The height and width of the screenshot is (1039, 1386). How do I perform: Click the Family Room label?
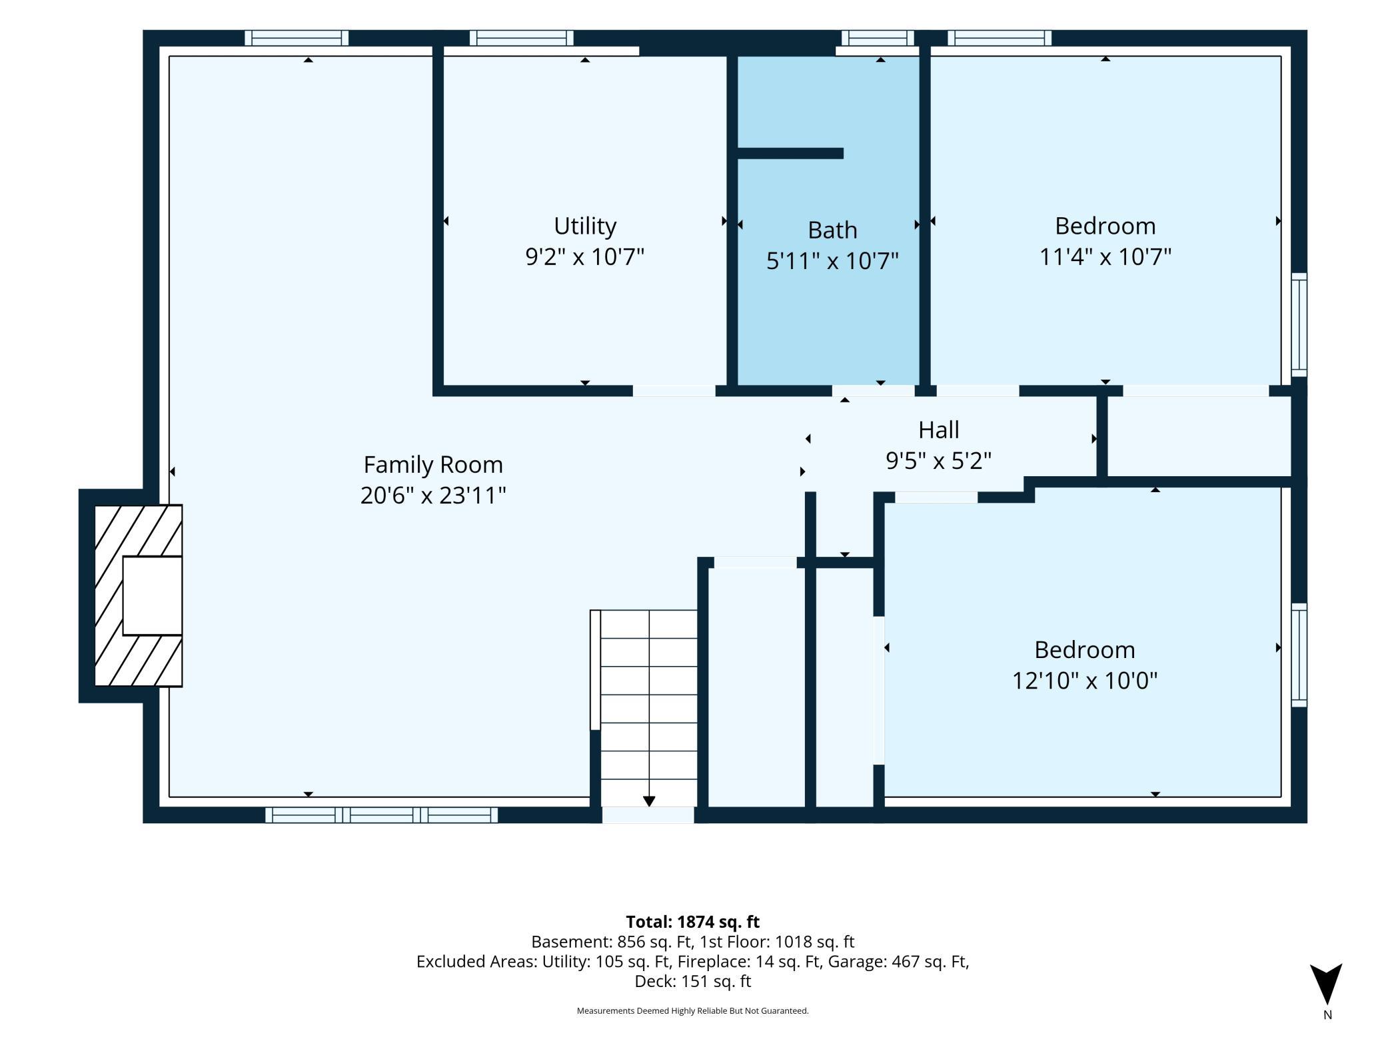coord(433,464)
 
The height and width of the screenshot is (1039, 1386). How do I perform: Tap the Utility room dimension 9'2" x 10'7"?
coord(585,256)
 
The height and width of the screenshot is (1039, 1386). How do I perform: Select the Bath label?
coord(832,230)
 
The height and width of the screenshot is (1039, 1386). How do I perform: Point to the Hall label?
coord(939,430)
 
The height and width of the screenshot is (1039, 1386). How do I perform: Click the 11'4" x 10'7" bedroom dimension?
coord(1105,256)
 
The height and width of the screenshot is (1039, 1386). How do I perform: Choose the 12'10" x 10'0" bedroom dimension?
coord(1085,681)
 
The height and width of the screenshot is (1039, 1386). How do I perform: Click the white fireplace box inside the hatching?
coord(153,595)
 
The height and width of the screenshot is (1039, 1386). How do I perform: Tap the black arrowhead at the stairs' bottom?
coord(649,801)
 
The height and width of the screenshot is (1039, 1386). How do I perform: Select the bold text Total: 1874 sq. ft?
coord(693,922)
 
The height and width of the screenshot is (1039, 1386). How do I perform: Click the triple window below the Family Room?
coord(381,815)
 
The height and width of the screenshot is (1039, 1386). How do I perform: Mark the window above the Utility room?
coord(521,38)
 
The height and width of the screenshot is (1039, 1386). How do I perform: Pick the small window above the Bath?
coord(878,38)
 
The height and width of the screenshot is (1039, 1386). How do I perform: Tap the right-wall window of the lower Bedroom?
coord(1299,655)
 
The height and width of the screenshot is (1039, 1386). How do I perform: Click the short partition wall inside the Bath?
coord(790,153)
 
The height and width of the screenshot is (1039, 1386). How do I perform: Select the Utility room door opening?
coord(674,391)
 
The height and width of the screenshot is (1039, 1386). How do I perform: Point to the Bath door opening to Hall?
coord(873,391)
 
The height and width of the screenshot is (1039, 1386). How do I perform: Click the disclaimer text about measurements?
coord(693,1011)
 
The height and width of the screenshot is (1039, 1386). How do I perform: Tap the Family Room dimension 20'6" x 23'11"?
coord(433,496)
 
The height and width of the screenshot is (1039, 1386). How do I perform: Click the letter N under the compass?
coord(1327,1016)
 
